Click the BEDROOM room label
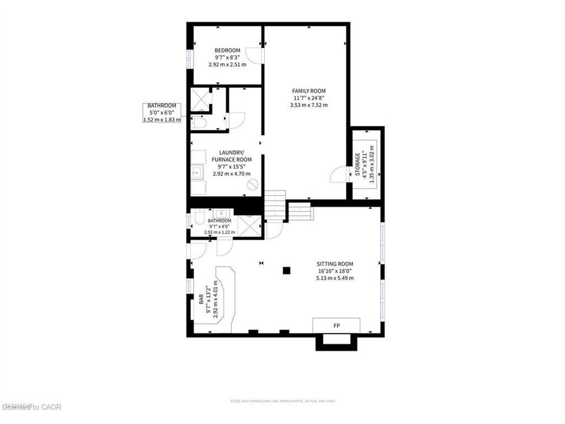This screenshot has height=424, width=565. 227,51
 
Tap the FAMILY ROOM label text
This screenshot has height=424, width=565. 308,91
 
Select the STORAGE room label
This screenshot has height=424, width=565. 357,165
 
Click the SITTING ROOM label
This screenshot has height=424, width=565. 334,264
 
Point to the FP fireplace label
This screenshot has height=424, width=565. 337,326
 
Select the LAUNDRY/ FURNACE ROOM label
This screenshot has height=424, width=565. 227,156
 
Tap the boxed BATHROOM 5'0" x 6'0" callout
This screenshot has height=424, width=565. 162,112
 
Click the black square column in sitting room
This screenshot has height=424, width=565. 286,271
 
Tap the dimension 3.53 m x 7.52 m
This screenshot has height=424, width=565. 308,105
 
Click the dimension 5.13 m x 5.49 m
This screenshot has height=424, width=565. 334,278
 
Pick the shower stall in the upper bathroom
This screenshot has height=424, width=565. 200,99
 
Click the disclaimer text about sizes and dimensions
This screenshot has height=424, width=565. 282,401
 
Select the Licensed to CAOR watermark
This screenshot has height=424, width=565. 32,407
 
